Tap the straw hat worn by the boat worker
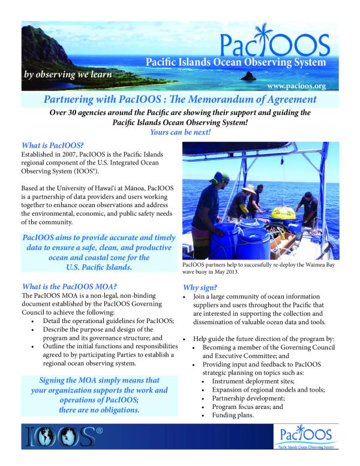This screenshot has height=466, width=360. (250, 191)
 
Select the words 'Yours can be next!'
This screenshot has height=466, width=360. (181, 132)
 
